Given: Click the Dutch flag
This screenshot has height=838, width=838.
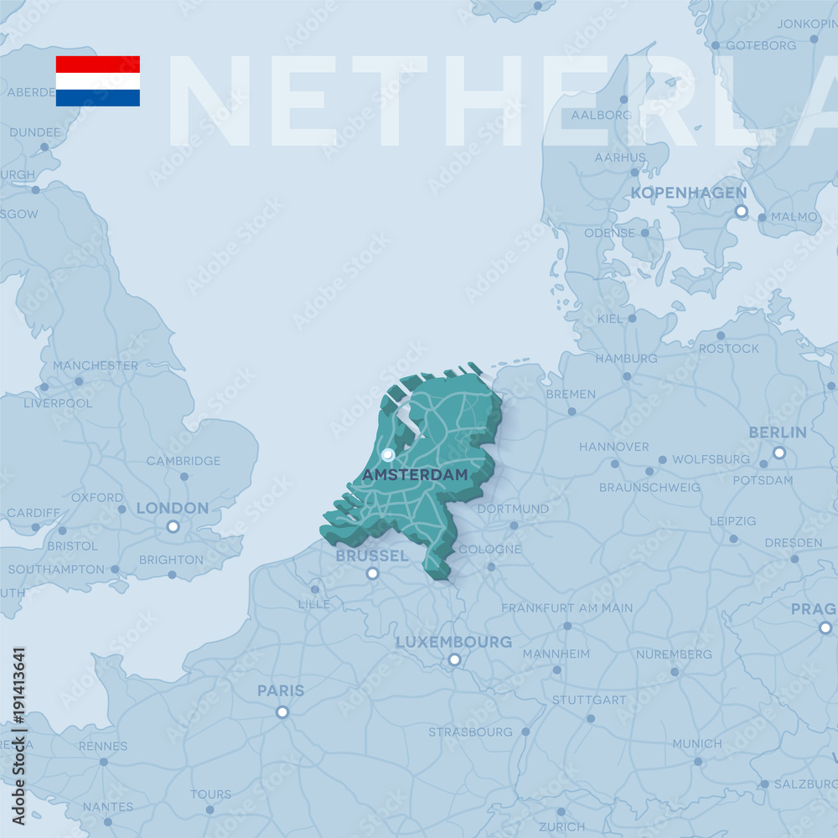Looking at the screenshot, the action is tap(98, 81).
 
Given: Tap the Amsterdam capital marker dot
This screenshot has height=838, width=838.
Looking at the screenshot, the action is tap(387, 455).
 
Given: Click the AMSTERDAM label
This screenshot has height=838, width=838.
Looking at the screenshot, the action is tap(415, 475).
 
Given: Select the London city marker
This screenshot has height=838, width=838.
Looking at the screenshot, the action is tap(173, 526).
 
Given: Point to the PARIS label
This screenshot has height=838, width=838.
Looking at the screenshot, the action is tap(281, 691).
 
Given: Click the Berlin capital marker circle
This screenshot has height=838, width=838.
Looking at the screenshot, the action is tap(779, 453).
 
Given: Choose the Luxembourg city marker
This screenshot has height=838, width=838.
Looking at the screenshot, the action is tap(454, 660).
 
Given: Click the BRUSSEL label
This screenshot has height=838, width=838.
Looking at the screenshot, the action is tap(372, 556).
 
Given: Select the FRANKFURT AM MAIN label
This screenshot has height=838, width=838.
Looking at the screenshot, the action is tap(567, 608).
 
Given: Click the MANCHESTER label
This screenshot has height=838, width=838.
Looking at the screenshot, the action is tap(96, 366).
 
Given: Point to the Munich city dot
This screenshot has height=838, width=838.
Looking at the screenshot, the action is tap(698, 762).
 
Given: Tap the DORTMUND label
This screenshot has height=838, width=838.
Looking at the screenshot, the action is tap(514, 509).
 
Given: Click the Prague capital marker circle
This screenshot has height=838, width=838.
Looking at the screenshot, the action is tap(825, 628).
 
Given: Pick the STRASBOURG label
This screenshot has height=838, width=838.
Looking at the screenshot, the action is tap(471, 732).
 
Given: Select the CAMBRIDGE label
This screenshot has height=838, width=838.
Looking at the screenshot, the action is tap(184, 461).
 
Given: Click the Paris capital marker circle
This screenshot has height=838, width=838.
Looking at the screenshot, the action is tap(282, 712).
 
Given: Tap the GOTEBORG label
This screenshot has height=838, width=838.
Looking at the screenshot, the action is tap(761, 45).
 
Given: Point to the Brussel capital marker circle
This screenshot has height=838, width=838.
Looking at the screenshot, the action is tap(372, 574).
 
